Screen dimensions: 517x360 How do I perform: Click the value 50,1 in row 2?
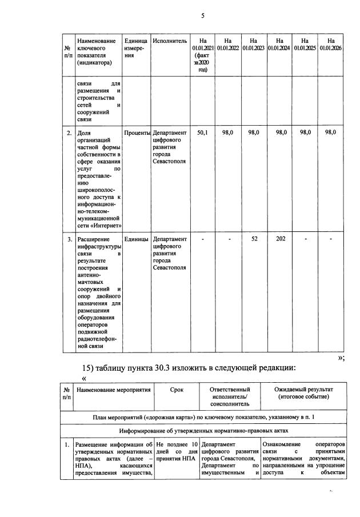coord(202,133)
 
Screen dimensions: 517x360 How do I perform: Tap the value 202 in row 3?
coord(280,239)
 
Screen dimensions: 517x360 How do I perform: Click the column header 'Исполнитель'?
coord(170,41)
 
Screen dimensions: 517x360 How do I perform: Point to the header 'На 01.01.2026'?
coord(331,45)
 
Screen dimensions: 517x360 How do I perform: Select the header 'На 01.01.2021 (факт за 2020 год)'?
coord(202,55)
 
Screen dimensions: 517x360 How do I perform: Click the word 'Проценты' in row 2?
coord(137,133)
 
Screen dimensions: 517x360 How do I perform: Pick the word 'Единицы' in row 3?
coord(137,239)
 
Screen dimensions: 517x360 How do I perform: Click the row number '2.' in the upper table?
coord(67,133)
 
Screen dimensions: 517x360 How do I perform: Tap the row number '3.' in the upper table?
coord(67,239)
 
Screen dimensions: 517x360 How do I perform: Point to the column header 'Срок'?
coord(177,390)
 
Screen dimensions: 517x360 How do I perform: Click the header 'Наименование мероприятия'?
coord(113,390)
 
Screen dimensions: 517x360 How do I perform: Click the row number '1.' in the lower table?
coord(67,444)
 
